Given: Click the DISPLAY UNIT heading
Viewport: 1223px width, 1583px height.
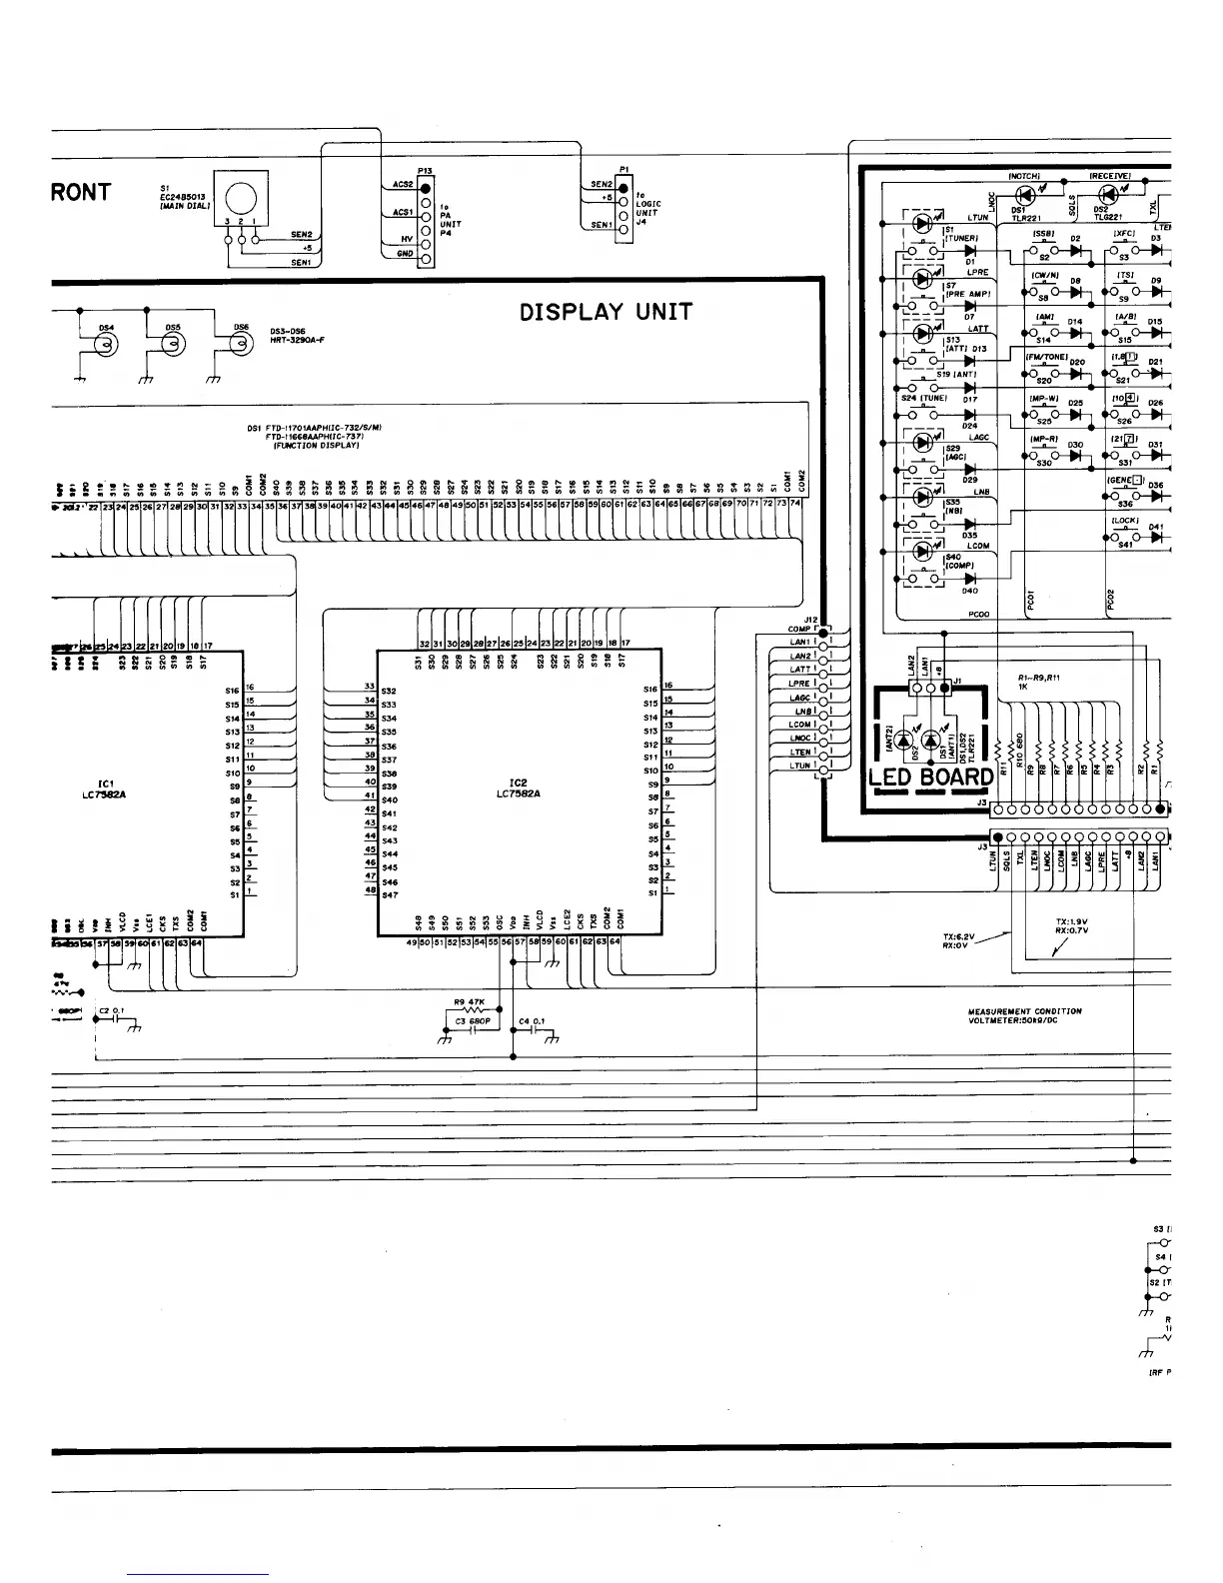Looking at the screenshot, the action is click(606, 312).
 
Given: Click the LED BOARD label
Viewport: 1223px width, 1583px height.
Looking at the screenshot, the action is click(930, 778).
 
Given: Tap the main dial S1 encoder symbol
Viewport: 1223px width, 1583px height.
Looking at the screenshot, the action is click(243, 199).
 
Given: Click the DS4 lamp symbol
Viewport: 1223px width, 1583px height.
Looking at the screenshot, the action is click(104, 345).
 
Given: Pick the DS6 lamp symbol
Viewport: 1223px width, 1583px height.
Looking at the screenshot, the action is click(239, 345).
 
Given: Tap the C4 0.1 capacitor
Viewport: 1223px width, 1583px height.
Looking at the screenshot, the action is click(531, 1029).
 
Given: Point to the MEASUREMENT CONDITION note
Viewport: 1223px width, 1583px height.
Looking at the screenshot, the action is click(1024, 1015).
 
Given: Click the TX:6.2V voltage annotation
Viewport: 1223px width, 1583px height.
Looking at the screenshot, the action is click(958, 940).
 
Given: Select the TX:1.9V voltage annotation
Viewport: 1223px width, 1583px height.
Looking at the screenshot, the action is click(1071, 925).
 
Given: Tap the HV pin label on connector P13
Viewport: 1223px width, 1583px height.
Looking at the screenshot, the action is click(407, 239).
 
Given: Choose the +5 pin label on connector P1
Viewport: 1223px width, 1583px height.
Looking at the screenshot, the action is click(607, 198).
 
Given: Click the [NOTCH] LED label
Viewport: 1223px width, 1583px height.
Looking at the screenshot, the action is click(1024, 176).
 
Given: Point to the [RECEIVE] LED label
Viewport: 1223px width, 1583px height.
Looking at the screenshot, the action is click(1109, 176).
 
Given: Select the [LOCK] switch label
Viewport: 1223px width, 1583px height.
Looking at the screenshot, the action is click(1125, 521).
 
